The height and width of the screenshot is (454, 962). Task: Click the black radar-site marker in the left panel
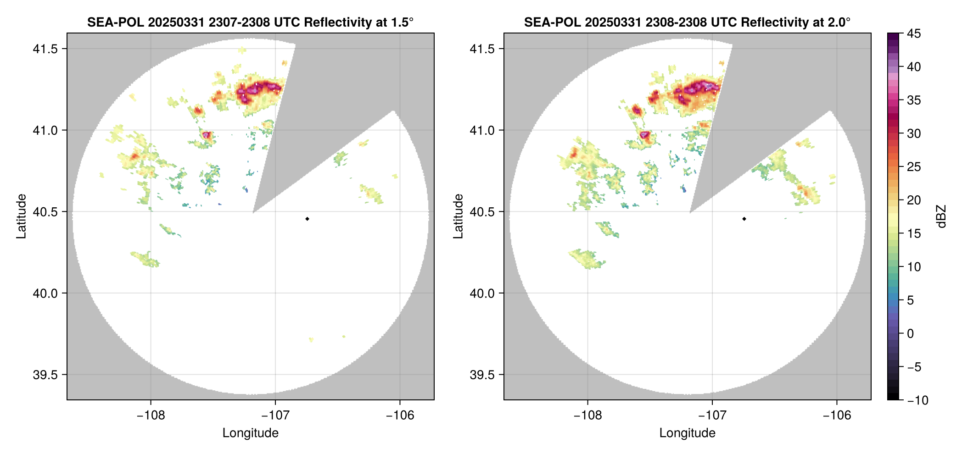coord(307,219)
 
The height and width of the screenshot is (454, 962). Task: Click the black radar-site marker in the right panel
coord(744,219)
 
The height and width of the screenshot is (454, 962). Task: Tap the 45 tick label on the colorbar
coord(913,33)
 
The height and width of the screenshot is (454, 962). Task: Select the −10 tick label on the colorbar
coord(917,400)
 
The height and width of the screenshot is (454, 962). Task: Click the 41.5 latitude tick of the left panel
coord(45,49)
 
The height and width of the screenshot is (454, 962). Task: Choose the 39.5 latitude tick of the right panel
coord(482,375)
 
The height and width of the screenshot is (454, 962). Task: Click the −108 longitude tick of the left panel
coord(151,415)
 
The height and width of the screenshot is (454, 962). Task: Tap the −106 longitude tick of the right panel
coord(837,415)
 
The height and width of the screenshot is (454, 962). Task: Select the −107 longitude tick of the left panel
coord(275,415)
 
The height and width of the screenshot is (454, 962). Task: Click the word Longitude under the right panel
coord(687,433)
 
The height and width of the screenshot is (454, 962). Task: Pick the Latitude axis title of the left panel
coord(21,216)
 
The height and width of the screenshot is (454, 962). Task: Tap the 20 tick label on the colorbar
coord(913,200)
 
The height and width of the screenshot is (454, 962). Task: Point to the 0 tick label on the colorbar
coord(911,334)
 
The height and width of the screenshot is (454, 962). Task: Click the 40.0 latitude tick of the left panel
coord(45,293)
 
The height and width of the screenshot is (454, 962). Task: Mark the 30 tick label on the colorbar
coord(913,133)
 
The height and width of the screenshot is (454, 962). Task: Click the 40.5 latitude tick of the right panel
coord(482,212)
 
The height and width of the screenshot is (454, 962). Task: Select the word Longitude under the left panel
coord(250,433)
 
